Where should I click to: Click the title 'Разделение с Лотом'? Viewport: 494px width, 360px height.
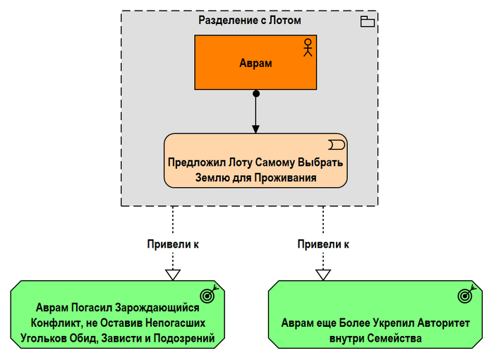coord(250,20)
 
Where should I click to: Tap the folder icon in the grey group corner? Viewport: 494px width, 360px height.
coord(368,22)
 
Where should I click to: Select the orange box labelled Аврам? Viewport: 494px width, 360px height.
coord(255,63)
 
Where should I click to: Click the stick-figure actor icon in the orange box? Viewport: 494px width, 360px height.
coord(307,47)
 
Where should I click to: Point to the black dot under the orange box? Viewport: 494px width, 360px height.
coord(256,93)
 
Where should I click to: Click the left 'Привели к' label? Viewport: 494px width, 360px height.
coord(172,244)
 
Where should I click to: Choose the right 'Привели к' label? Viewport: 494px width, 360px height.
coord(323,244)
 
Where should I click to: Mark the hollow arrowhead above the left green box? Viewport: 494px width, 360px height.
coord(172,275)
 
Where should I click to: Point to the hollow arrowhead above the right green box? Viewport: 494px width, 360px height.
coord(323,275)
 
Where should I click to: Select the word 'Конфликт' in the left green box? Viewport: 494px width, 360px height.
coord(54,324)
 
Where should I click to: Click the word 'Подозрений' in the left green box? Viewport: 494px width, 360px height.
coord(192,340)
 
